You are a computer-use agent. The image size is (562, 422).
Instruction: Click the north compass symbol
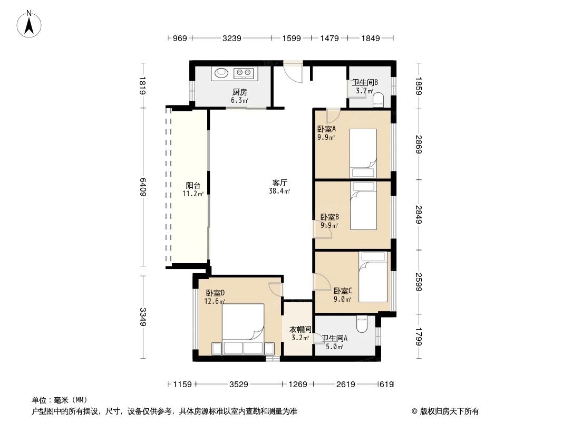tap(30, 24)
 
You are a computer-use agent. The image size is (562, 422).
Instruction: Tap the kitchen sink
tap(220, 73)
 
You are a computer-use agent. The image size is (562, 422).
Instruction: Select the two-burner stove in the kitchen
tap(244, 73)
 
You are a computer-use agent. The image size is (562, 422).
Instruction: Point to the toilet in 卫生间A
tap(362, 324)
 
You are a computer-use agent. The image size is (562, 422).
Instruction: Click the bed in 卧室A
tap(364, 153)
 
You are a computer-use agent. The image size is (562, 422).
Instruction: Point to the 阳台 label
tap(193, 185)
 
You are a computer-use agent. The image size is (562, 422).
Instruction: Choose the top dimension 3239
tap(232, 38)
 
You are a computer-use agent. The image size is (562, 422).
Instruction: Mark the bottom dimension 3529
tap(238, 385)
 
